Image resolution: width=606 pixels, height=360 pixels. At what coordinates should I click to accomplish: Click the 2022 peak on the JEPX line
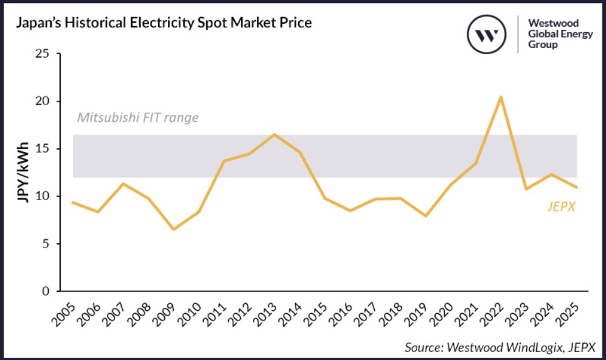pos(500,97)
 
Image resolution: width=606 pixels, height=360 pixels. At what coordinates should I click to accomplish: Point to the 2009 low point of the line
pos(173,229)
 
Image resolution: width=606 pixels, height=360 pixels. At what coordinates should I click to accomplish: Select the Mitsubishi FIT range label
pos(138,117)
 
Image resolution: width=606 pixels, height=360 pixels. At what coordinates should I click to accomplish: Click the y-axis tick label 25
pos(42,54)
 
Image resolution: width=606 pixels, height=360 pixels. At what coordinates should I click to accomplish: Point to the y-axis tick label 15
pos(42,149)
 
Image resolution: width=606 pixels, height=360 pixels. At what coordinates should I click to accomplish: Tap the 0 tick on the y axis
pos(45,291)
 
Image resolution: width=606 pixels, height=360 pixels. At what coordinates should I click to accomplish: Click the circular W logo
pos(487,34)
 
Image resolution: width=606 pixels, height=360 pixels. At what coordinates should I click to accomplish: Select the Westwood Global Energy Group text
pos(560,34)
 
